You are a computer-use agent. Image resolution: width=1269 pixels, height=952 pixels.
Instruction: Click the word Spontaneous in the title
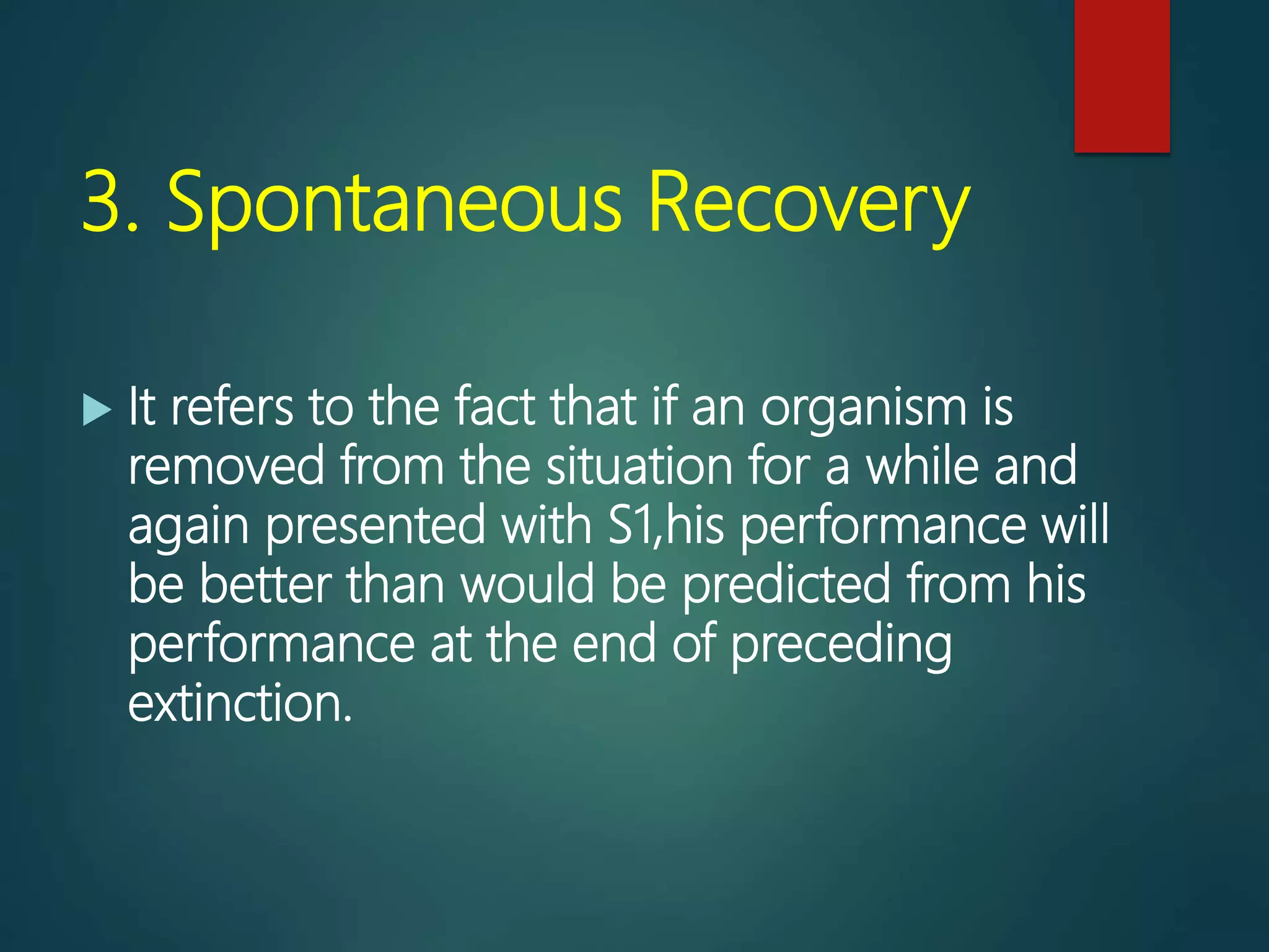pyautogui.click(x=394, y=203)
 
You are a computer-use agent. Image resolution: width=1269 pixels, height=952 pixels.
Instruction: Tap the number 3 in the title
pyautogui.click(x=102, y=203)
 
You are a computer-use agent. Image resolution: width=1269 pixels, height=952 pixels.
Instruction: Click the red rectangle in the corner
pyautogui.click(x=1122, y=76)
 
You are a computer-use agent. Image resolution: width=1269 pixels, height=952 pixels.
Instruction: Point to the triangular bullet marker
pyautogui.click(x=97, y=410)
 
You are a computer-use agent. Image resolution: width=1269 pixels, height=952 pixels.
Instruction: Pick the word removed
pyautogui.click(x=226, y=466)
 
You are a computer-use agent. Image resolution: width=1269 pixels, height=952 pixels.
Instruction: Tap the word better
pyautogui.click(x=266, y=584)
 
